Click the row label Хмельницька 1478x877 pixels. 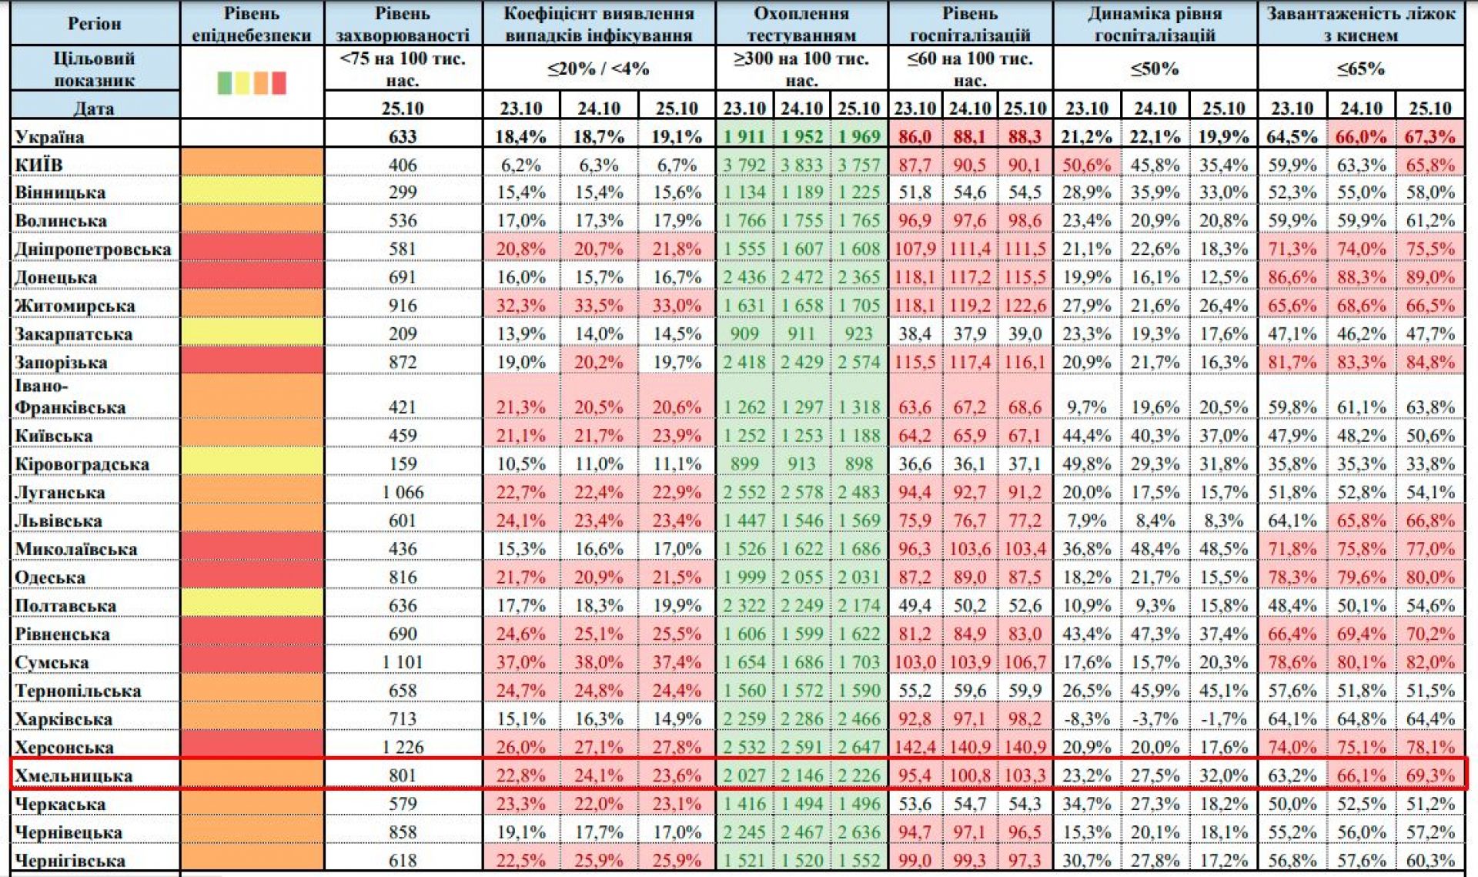(74, 775)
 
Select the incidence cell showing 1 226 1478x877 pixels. (403, 747)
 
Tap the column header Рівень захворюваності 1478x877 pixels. (403, 24)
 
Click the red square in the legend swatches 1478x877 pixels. (279, 82)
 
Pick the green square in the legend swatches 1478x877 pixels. (224, 82)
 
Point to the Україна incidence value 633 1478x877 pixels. (403, 137)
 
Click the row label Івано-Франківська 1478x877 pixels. (70, 397)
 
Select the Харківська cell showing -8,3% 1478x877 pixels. (1086, 719)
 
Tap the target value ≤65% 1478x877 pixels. (1360, 69)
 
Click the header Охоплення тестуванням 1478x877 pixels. (801, 24)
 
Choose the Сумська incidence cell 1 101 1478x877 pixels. (403, 662)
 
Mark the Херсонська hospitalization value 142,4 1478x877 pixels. (915, 747)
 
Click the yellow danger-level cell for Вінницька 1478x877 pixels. (252, 192)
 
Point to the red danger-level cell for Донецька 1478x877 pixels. (252, 277)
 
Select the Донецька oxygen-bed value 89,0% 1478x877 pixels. (1430, 277)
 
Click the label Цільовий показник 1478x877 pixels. (94, 69)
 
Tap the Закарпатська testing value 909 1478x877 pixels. (744, 334)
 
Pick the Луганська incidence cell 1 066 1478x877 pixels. (403, 492)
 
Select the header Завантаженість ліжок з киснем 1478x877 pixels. (1360, 24)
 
